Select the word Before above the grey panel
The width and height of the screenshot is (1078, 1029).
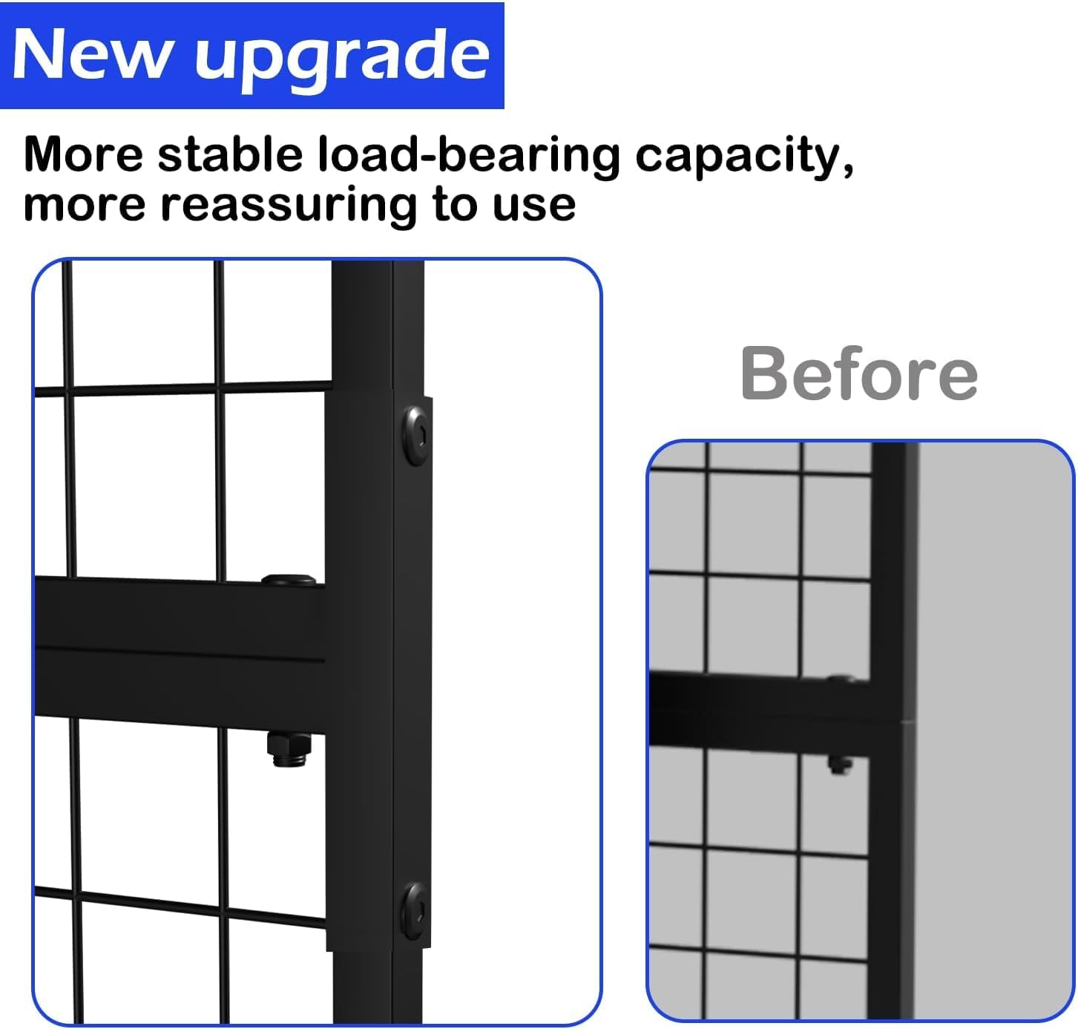click(x=858, y=373)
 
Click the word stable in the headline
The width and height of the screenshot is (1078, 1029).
click(x=229, y=155)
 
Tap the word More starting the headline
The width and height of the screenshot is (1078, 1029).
click(x=83, y=155)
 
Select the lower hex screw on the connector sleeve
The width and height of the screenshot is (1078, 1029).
click(x=415, y=910)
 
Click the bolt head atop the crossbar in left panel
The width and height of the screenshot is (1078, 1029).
click(x=289, y=581)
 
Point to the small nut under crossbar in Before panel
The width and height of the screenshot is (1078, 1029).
click(x=838, y=765)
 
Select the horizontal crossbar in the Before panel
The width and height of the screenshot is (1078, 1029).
click(x=757, y=705)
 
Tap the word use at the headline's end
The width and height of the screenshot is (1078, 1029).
click(x=534, y=206)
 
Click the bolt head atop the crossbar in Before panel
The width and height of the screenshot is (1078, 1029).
click(x=840, y=678)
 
